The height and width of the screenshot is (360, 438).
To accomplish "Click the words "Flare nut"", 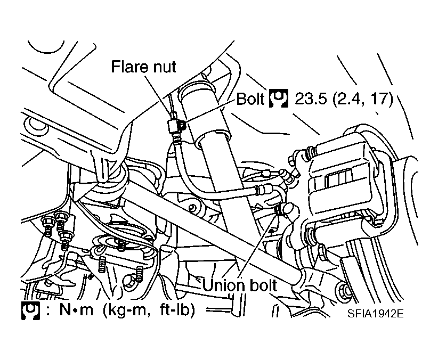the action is [x=143, y=67].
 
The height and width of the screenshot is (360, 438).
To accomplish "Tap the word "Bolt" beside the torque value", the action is [x=250, y=99].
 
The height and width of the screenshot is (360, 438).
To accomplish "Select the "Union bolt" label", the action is [x=240, y=285].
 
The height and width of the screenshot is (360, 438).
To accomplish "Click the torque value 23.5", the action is [x=311, y=99].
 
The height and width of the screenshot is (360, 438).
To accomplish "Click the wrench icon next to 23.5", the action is [x=279, y=99].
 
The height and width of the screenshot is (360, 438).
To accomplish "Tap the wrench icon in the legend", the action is [x=30, y=310].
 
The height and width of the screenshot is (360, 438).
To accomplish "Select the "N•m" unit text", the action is [x=76, y=310].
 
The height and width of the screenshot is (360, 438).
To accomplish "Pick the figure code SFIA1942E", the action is [x=375, y=314].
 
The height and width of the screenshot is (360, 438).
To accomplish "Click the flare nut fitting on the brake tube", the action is [x=173, y=127].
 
